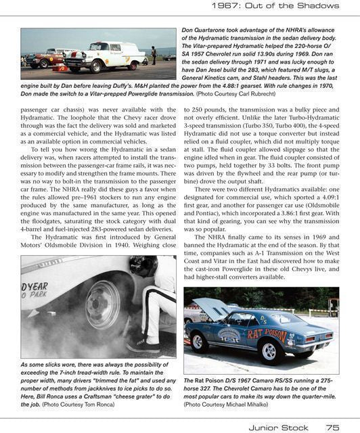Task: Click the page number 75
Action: [332, 427]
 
